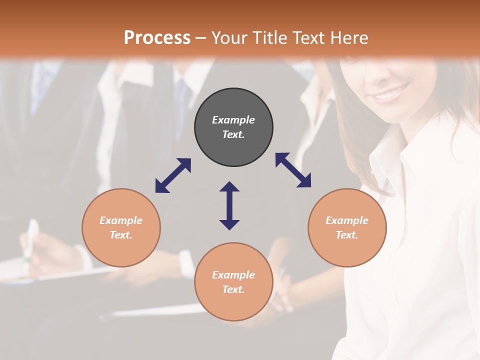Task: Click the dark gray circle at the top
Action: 233,127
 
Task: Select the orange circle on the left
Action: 121,227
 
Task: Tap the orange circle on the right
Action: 347,227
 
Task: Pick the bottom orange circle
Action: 233,282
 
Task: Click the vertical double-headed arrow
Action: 229,205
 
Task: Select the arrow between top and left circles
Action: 173,175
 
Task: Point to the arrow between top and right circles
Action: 293,170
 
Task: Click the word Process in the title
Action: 157,37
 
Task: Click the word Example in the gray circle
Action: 233,120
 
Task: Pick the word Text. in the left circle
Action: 121,235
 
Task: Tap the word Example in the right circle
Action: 347,220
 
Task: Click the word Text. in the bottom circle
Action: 233,289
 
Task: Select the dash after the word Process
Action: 200,38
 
